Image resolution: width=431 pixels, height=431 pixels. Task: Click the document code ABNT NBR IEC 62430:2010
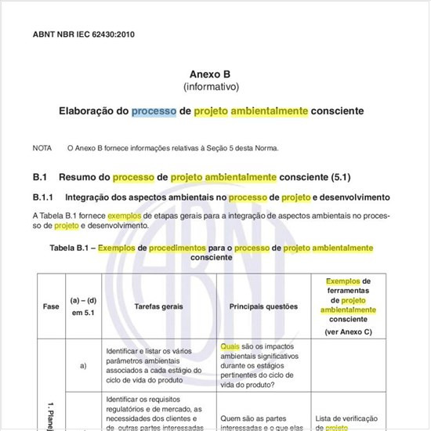coord(79,35)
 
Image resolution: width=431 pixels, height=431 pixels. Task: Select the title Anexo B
coord(212,73)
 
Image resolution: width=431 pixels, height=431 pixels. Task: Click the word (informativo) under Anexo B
coord(212,86)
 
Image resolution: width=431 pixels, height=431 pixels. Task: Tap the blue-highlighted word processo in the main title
coord(154,112)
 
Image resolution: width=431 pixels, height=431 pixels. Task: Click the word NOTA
coord(42,147)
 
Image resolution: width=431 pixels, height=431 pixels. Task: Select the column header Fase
coord(50,306)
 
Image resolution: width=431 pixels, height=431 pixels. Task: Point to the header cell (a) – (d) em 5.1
coord(83,306)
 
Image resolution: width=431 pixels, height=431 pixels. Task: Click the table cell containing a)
coord(83,364)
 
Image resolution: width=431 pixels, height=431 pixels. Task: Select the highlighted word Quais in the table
coord(230,346)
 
